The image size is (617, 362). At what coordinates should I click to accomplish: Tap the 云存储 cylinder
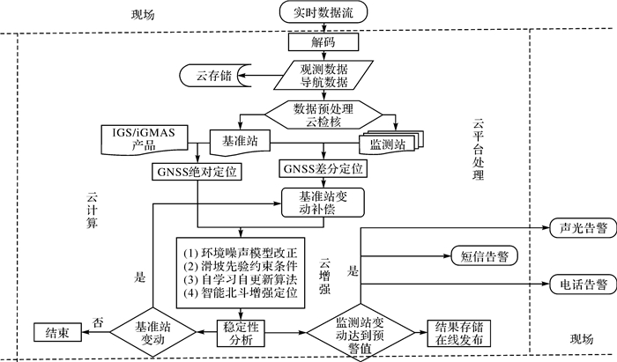click(208, 76)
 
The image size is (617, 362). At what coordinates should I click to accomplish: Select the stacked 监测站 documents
click(388, 141)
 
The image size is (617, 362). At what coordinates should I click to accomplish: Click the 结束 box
click(57, 332)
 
